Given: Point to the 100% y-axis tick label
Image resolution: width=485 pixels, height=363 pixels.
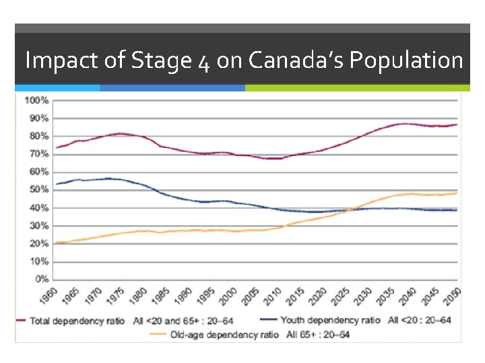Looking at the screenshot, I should (36, 100).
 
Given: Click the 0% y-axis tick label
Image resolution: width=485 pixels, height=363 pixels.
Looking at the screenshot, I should (40, 279).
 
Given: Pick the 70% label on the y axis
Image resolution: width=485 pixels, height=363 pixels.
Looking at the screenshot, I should (38, 154).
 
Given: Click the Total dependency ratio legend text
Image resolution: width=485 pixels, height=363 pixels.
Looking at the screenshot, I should (77, 321).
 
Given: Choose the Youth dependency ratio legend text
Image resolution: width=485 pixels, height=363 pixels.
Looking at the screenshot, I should (330, 321).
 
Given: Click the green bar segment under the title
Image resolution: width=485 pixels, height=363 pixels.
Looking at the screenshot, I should (357, 87).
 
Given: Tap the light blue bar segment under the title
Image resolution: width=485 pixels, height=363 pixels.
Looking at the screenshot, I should (57, 87).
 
